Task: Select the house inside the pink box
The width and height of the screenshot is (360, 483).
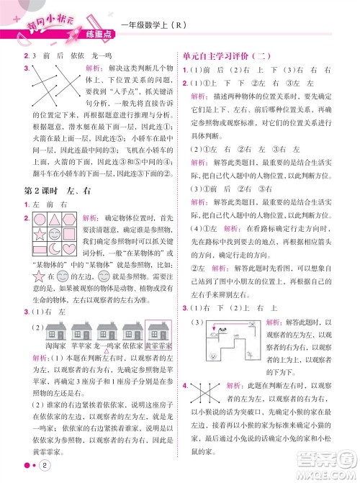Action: pos(157,333)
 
